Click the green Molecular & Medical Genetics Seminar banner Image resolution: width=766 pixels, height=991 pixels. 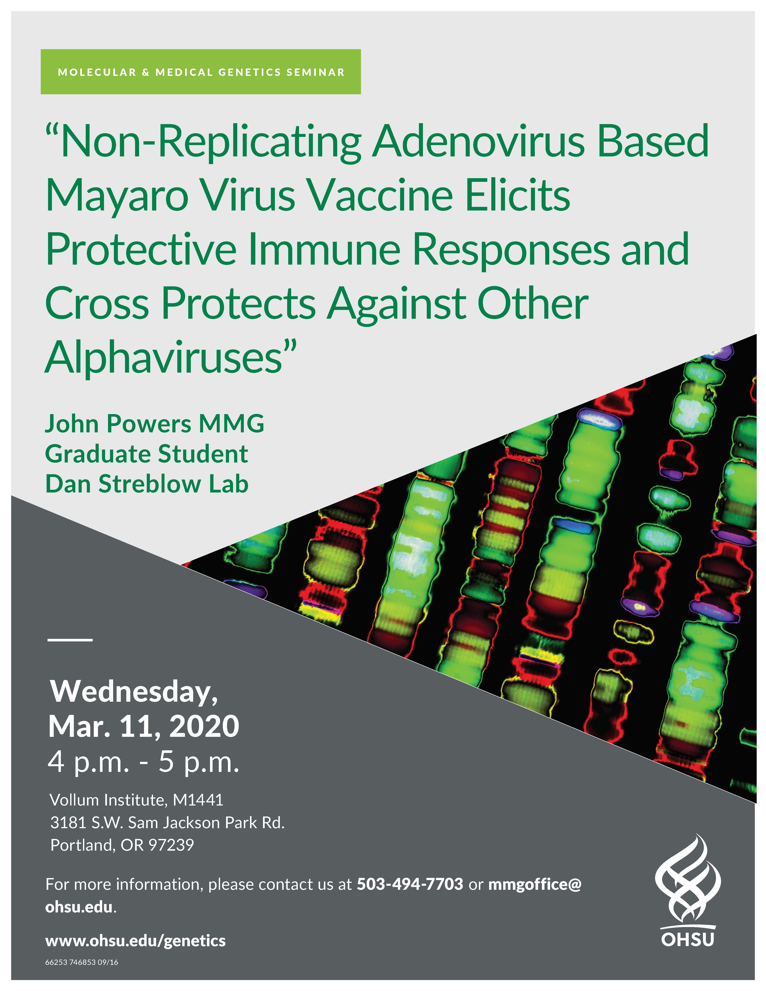point(201,72)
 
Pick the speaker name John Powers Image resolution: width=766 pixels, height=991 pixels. point(118,424)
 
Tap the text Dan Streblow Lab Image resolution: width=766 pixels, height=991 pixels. point(147,484)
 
